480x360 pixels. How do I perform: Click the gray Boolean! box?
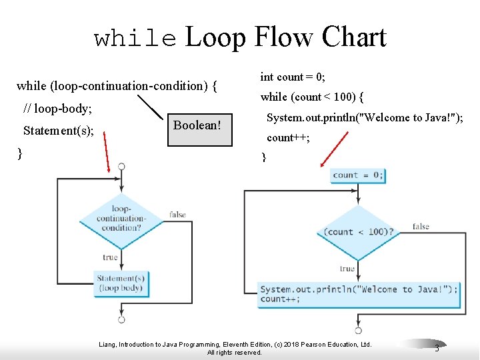tap(197, 128)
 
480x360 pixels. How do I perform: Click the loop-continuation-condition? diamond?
tap(121, 218)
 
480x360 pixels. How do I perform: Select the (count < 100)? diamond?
tap(358, 232)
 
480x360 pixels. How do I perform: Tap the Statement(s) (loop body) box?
tap(121, 283)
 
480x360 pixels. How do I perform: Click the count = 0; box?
tap(358, 175)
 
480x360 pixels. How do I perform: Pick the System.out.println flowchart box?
tap(359, 294)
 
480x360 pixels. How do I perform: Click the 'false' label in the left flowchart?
tap(177, 215)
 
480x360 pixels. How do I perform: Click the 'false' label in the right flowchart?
tap(421, 227)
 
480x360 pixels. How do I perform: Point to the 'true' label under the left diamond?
tap(110, 257)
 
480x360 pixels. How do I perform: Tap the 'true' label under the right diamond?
tap(347, 269)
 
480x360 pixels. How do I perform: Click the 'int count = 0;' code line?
tap(292, 77)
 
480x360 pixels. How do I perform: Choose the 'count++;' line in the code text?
tap(288, 138)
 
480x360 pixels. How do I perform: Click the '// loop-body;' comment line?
tap(57, 108)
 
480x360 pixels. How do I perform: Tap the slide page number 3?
tap(437, 348)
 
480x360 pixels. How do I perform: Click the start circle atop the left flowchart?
tap(121, 166)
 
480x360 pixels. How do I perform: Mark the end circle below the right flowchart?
tap(358, 330)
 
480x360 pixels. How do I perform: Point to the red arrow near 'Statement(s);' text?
tap(108, 153)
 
